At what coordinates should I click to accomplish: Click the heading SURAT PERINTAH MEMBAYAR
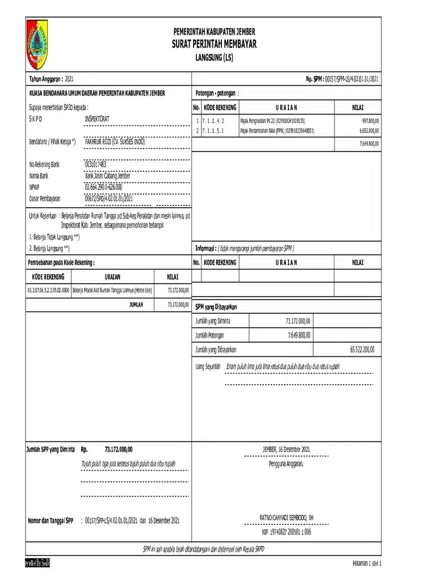coord(214,44)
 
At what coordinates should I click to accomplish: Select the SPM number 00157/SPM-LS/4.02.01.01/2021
coord(351,79)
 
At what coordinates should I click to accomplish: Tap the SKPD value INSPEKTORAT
coord(97,119)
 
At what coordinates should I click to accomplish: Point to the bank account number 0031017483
coord(95,165)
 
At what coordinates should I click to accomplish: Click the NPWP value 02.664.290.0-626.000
coord(103,187)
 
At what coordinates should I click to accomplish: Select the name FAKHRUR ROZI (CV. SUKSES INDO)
coord(114,141)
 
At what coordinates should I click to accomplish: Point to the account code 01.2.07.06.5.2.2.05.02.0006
coord(48,289)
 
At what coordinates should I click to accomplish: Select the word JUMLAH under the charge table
coord(136,305)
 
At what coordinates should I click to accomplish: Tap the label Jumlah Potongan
coord(209,335)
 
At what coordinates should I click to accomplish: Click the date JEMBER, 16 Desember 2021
coord(286,449)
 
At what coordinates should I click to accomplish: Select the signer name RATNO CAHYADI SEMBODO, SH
coord(286,518)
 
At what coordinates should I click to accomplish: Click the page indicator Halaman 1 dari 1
coord(367,563)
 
